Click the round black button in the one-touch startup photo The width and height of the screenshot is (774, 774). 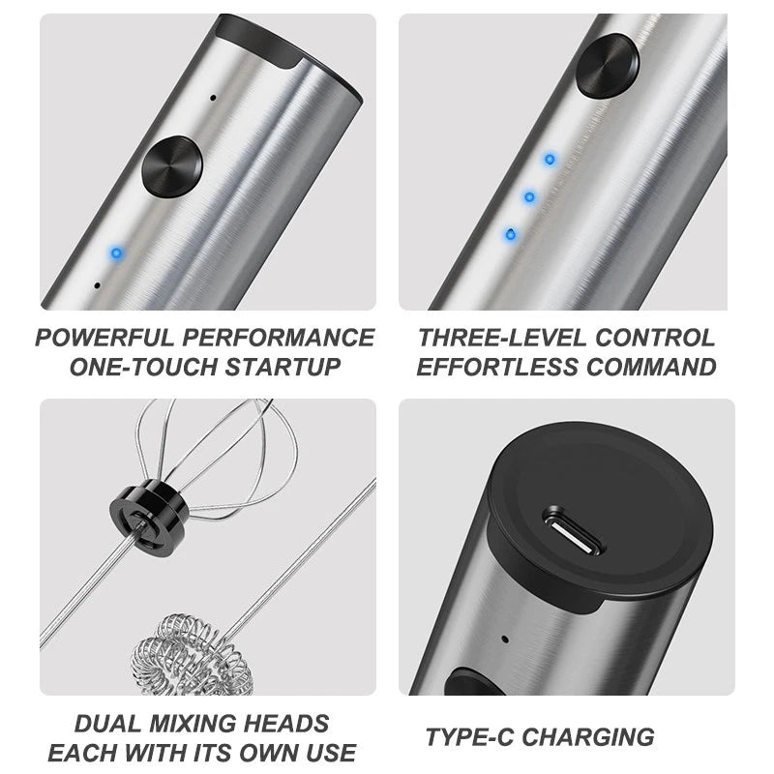click(x=172, y=166)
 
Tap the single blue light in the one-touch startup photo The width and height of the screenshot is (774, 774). click(x=116, y=253)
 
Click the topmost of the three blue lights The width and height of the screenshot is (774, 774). click(x=550, y=160)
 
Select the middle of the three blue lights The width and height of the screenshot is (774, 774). click(x=529, y=197)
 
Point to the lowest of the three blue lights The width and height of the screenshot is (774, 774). click(x=511, y=234)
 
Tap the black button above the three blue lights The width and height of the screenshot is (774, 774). click(x=608, y=66)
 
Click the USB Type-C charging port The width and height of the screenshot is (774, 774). click(x=572, y=530)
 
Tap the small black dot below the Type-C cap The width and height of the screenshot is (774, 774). click(x=504, y=639)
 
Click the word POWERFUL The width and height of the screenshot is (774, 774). click(x=104, y=338)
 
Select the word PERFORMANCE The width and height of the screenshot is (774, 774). click(x=279, y=338)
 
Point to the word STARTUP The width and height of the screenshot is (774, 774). click(x=283, y=367)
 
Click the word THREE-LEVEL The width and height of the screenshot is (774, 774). click(x=502, y=338)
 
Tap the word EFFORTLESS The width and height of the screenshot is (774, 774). click(x=497, y=367)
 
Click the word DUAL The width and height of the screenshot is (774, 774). click(x=107, y=724)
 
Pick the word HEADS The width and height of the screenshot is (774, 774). click(x=286, y=724)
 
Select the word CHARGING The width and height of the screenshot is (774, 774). click(x=588, y=737)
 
